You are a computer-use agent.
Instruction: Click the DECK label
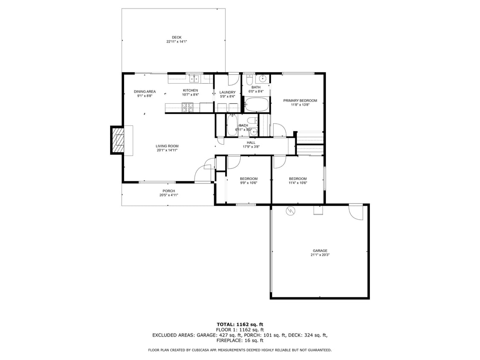[177, 38]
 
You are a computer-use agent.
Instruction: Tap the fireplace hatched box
[118, 139]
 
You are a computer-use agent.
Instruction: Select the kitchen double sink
[195, 78]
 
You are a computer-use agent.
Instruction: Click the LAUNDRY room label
[227, 93]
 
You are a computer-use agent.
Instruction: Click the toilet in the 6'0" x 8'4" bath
[249, 78]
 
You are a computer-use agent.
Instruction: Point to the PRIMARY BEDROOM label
[300, 101]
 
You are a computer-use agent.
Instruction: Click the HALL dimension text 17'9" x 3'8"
[251, 147]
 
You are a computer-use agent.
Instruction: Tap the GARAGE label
[320, 251]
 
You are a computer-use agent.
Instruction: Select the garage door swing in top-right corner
[355, 212]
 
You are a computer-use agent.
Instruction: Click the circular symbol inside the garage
[291, 210]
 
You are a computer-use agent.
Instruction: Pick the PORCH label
[169, 191]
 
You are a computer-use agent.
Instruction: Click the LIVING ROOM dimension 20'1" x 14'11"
[167, 150]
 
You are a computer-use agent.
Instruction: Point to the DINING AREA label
[145, 92]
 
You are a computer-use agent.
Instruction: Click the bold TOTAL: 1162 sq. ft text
[240, 325]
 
